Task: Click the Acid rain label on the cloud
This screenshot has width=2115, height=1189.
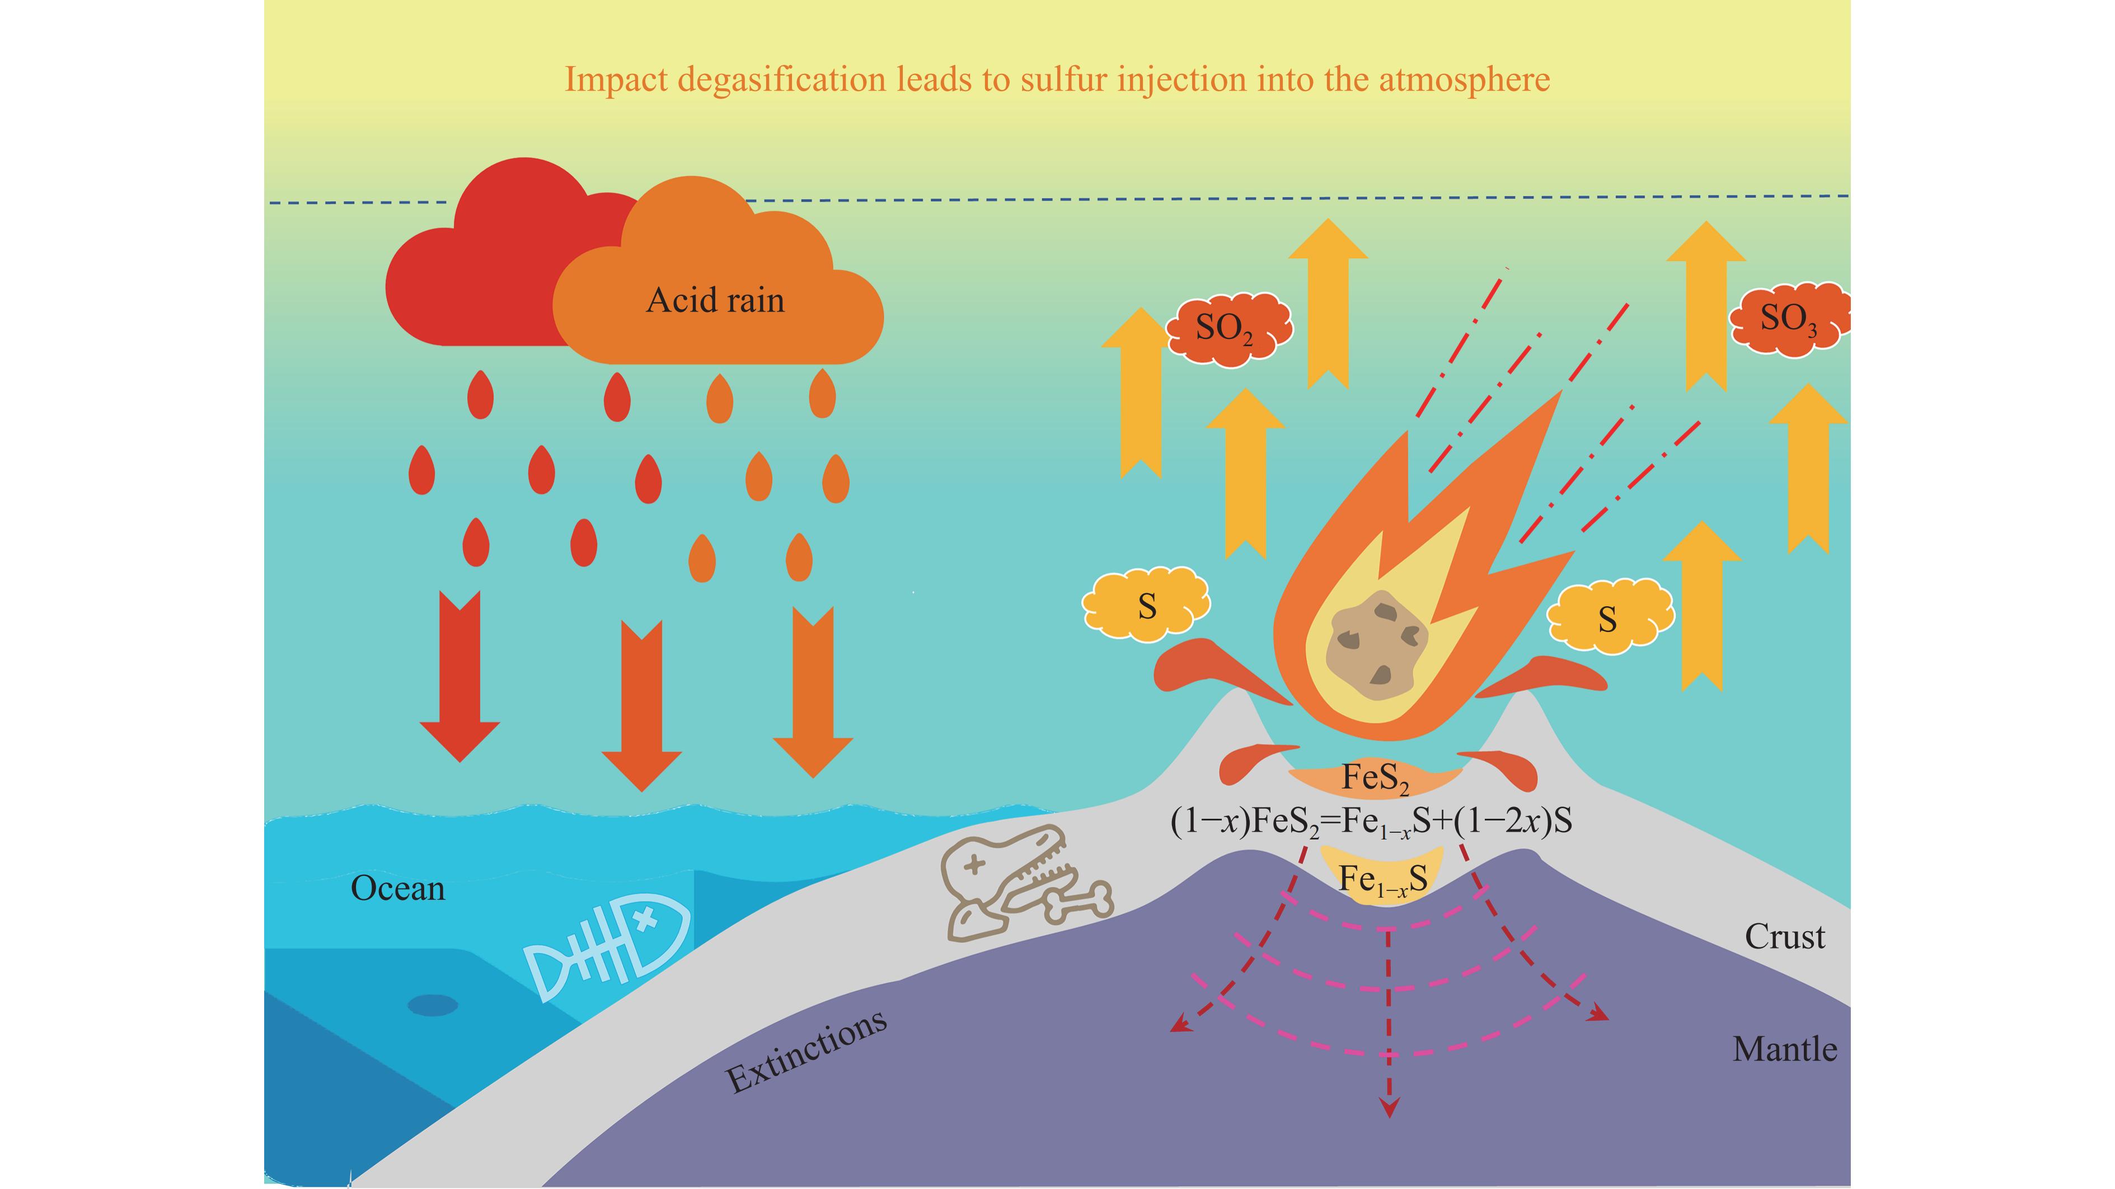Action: click(715, 300)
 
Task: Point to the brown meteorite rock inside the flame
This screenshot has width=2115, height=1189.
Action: click(1376, 647)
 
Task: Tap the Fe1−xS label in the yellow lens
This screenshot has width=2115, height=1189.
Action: click(1382, 880)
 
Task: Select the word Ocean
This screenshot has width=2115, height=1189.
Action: click(397, 889)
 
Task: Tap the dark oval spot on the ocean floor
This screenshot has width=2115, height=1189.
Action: click(433, 1005)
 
